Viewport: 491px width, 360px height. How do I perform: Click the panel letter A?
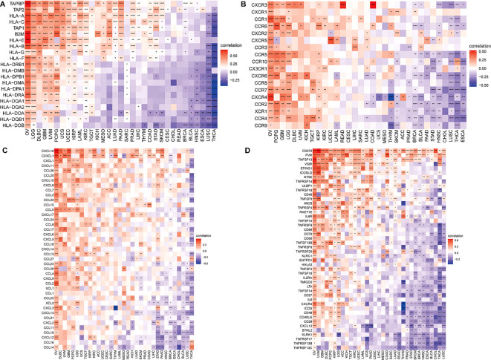pyautogui.click(x=4, y=4)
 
